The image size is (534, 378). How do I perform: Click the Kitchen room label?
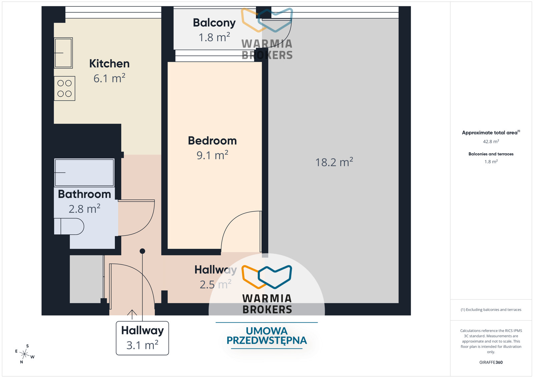pos(109,64)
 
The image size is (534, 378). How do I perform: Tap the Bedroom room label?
pos(212,141)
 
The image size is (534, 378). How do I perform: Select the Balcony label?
pos(214,23)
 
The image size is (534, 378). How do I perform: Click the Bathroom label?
pos(84,194)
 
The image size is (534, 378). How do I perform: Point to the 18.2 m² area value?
pos(334,162)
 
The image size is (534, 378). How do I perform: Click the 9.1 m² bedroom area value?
pos(212,155)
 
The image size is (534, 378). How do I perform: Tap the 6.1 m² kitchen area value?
pos(109,78)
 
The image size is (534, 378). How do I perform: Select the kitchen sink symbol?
pos(63,53)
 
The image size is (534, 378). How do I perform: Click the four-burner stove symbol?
pos(64,88)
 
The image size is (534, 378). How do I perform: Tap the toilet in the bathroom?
pos(69,226)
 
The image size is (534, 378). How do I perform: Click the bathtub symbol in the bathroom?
pos(84,172)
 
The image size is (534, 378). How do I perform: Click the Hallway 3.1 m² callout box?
pos(142,338)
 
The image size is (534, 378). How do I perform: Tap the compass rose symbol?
pos(25,354)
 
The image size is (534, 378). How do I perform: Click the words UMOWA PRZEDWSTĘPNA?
pos(267,336)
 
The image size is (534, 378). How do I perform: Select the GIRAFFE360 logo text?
pos(491,362)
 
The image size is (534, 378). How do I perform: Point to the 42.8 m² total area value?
pos(491,142)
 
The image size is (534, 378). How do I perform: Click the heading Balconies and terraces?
pos(491,154)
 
